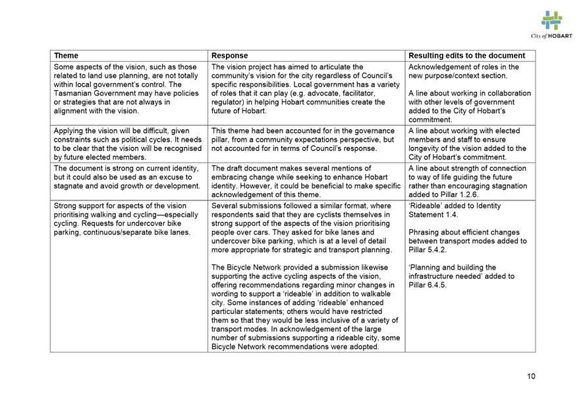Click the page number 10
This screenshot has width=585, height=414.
(531, 376)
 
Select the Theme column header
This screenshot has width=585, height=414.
(66, 56)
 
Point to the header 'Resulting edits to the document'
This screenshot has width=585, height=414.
(466, 56)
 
